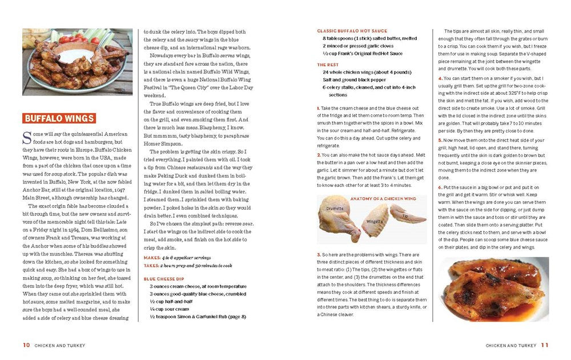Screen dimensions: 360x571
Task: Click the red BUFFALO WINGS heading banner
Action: [x=59, y=118]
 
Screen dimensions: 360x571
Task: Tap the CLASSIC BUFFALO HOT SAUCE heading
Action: [x=352, y=31]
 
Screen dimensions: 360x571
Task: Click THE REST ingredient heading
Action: [x=328, y=65]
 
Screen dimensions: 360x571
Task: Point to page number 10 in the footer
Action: [x=26, y=345]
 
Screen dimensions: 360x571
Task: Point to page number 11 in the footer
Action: [x=545, y=345]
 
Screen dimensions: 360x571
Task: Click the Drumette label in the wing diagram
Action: [x=335, y=209]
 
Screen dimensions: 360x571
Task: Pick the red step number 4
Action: [x=440, y=78]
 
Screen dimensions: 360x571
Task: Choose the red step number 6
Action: [x=440, y=187]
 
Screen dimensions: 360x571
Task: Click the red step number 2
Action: [x=319, y=155]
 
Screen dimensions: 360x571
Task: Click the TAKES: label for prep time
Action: [x=152, y=265]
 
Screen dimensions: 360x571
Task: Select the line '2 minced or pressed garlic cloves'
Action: [x=358, y=46]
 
